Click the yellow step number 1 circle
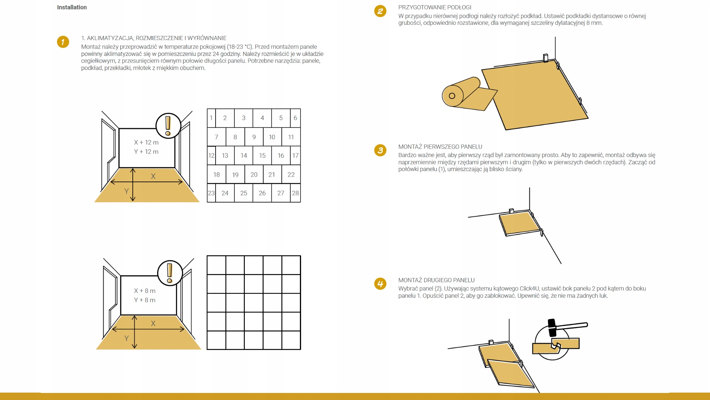tap(63, 42)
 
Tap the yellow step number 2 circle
tap(380, 11)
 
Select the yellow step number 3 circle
tap(380, 150)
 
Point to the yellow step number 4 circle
tap(380, 284)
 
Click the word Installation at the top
tap(72, 7)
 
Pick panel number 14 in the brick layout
tap(244, 156)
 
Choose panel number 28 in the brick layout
tap(295, 193)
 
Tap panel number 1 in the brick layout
tap(211, 118)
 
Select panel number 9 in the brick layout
tap(254, 137)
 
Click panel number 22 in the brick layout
tap(291, 174)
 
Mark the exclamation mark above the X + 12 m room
tap(168, 126)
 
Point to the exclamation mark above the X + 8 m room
tap(170, 273)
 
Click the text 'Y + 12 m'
tap(146, 151)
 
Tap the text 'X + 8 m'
tap(145, 291)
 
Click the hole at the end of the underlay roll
tap(452, 96)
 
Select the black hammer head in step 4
tap(552, 328)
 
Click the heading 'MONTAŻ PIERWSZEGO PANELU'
tap(440, 147)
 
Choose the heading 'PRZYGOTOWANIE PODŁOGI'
tap(435, 7)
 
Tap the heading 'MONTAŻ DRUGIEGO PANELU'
tap(436, 280)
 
